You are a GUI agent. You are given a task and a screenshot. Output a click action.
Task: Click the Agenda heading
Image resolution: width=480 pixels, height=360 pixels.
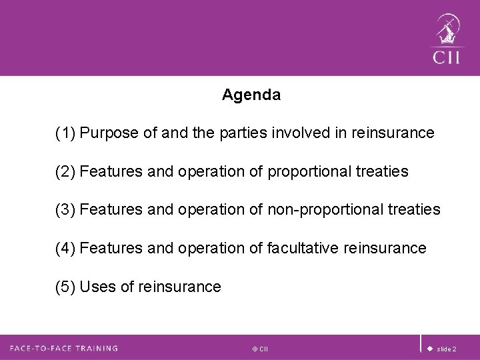[251, 95]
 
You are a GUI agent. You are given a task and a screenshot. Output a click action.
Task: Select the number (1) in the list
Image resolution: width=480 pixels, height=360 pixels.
[65, 134]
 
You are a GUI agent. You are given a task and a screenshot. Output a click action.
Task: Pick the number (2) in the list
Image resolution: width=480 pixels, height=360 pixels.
[65, 172]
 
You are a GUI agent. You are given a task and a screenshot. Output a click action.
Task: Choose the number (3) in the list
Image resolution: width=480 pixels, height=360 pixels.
[65, 210]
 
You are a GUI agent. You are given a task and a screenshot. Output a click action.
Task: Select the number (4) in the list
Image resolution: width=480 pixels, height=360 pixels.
[65, 249]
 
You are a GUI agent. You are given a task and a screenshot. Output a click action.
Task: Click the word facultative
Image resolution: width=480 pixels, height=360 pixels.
[306, 249]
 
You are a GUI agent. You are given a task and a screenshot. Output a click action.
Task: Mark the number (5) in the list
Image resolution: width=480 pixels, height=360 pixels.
[65, 287]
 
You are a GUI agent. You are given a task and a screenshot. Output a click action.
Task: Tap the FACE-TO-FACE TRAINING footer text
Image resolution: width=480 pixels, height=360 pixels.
[64, 348]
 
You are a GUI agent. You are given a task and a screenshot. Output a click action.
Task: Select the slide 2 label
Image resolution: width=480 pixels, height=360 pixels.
[447, 349]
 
